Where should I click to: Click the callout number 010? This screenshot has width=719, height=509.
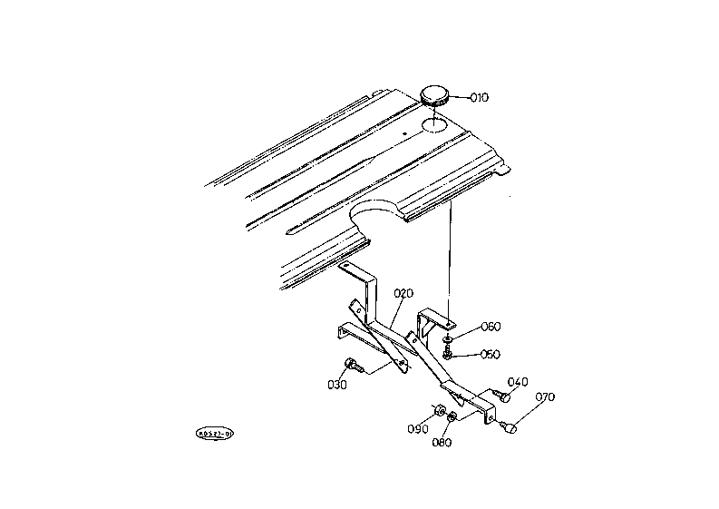tap(478, 97)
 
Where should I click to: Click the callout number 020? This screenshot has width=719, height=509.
tap(403, 293)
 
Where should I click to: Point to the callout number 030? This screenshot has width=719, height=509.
tap(338, 384)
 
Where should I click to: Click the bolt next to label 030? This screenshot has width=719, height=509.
tap(353, 366)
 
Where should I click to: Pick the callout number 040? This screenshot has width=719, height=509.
tap(518, 382)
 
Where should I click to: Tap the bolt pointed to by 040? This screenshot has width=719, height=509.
tap(501, 396)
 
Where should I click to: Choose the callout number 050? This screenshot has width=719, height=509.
tap(490, 354)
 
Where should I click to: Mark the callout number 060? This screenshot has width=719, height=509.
tap(491, 326)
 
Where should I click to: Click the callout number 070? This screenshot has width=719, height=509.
tap(545, 397)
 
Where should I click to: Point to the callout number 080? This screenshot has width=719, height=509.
tap(442, 443)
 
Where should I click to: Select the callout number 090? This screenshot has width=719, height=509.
tap(417, 428)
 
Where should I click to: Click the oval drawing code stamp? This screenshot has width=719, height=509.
tap(215, 433)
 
